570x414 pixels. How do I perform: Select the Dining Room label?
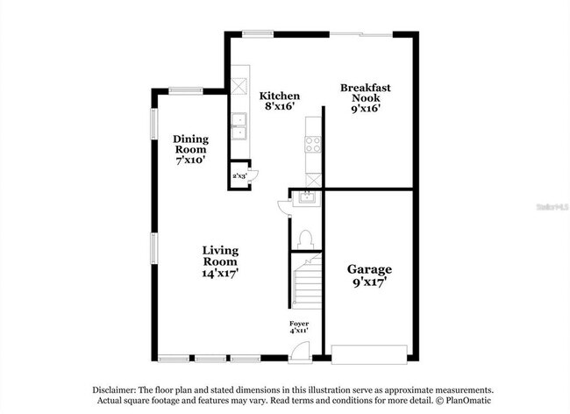pyautogui.click(x=189, y=149)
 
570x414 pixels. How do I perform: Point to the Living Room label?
pyautogui.click(x=220, y=261)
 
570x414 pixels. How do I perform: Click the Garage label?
pyautogui.click(x=368, y=276)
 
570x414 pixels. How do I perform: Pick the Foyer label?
pyautogui.click(x=299, y=328)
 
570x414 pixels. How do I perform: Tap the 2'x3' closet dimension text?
pyautogui.click(x=239, y=175)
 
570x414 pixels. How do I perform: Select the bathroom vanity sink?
pyautogui.click(x=308, y=199)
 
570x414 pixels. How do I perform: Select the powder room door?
pyautogui.click(x=282, y=205)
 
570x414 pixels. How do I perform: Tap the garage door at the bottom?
pyautogui.click(x=369, y=353)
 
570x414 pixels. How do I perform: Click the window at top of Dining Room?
pyautogui.click(x=186, y=89)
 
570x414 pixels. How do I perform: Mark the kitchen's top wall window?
pyautogui.click(x=257, y=34)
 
